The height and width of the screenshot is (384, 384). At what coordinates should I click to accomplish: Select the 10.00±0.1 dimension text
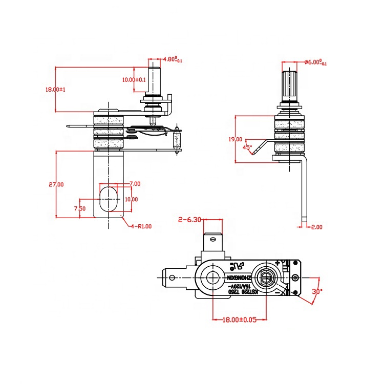(x=134, y=79)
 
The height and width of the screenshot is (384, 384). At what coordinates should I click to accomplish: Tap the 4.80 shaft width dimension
(x=172, y=59)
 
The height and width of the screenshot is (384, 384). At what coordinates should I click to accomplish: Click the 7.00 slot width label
(x=135, y=183)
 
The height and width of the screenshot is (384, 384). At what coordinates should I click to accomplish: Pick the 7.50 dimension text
(x=79, y=208)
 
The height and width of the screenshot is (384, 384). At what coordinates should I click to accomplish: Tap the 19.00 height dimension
(x=236, y=139)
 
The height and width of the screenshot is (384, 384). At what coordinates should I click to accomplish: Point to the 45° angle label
(x=247, y=147)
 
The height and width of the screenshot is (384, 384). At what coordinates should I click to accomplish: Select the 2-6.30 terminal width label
(x=189, y=220)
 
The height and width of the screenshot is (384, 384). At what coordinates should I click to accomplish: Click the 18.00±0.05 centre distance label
(x=239, y=320)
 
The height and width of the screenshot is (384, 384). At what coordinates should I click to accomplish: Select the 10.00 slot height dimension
(x=131, y=199)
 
